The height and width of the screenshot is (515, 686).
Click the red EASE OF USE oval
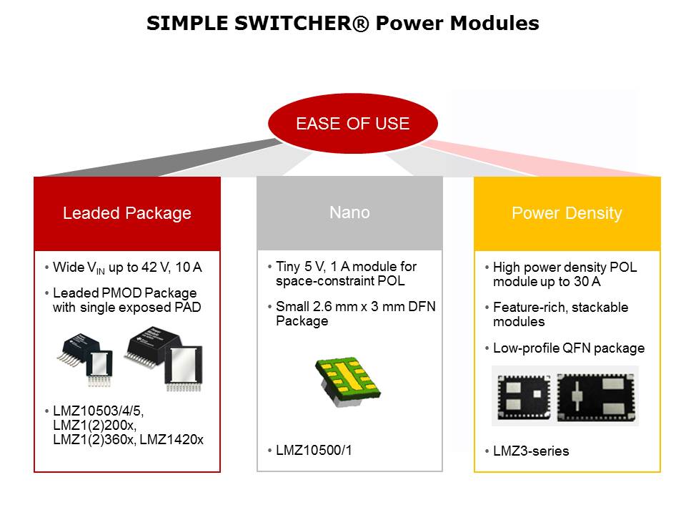352,124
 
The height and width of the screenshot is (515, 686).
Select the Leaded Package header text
127,213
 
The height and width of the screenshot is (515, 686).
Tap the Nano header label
349,212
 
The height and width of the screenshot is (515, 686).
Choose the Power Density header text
567,213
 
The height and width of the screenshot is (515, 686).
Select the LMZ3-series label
531,451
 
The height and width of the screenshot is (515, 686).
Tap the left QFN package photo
524,396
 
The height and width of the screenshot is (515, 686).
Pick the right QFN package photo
597,396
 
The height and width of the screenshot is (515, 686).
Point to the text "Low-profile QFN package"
569,348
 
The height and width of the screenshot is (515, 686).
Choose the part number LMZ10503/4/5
99,413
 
